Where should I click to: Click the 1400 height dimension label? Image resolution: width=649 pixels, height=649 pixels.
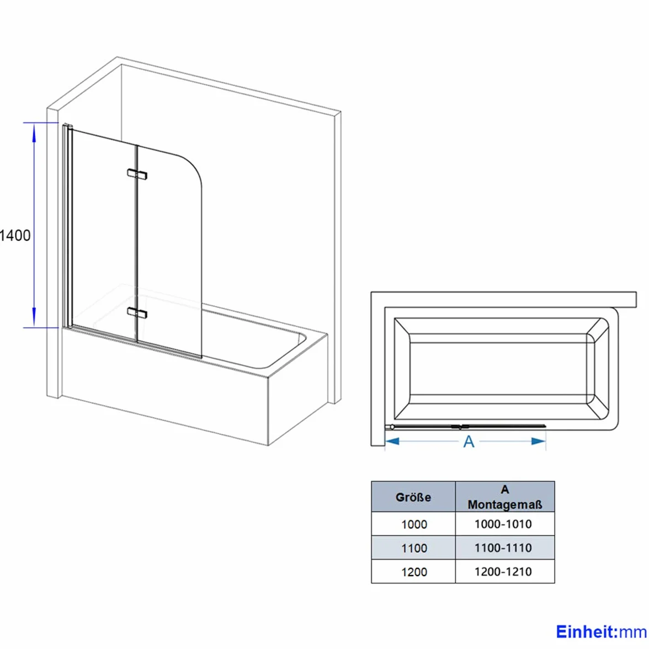15,236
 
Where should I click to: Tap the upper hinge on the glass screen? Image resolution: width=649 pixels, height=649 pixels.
137,174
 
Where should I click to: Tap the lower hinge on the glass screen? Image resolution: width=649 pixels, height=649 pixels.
137,313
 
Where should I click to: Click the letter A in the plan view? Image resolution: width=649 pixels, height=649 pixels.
469,441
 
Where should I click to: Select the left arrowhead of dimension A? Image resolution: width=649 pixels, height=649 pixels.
392,441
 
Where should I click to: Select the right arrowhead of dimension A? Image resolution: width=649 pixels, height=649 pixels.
539,441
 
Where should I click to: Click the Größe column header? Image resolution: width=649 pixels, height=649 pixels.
413,497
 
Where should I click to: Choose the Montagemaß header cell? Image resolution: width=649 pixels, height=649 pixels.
505,497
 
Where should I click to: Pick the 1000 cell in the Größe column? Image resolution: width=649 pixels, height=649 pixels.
414,524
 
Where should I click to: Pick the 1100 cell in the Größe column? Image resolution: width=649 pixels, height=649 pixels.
414,548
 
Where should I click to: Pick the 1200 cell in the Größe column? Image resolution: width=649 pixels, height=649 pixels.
414,572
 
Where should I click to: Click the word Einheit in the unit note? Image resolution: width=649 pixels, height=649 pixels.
585,632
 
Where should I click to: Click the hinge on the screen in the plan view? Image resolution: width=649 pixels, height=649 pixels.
460,427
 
